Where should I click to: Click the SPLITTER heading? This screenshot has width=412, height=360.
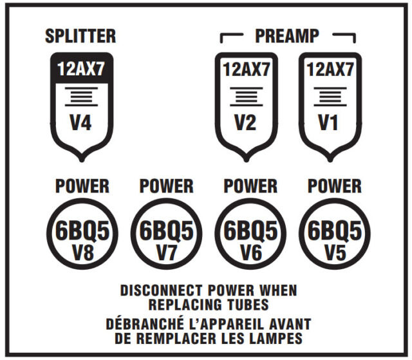click(80, 36)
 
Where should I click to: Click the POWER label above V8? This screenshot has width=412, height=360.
click(81, 186)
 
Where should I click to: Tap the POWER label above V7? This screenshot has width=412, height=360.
click(165, 186)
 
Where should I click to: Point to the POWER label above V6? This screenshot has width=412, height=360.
click(250, 186)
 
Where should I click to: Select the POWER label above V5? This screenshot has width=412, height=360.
click(334, 186)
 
